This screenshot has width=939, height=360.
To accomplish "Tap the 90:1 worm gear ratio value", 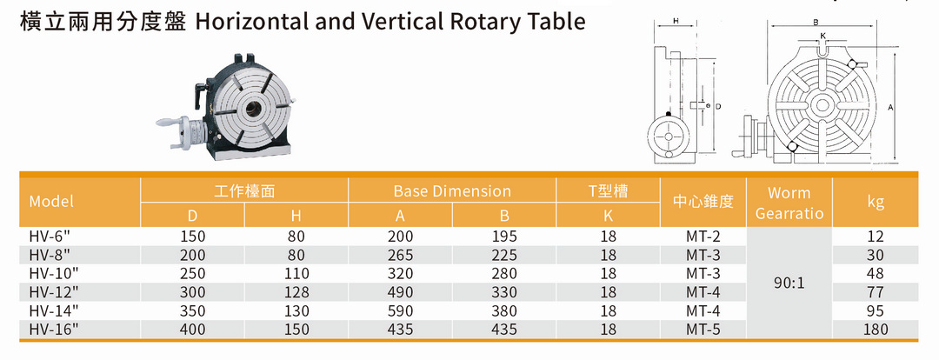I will [x=789, y=283].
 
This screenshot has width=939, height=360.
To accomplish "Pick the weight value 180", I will [x=876, y=330].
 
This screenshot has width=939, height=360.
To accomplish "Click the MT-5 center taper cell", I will [x=703, y=330].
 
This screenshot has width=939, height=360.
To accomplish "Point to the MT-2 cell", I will [x=703, y=236].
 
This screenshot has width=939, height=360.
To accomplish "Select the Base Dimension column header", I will [x=452, y=191].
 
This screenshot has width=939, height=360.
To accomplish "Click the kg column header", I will [x=876, y=202].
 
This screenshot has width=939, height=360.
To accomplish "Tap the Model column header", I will [x=51, y=202].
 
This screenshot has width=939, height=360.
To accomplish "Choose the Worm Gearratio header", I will [x=789, y=203].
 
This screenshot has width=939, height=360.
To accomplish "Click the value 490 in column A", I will [x=400, y=292].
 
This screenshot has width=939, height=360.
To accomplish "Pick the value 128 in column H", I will [x=296, y=292].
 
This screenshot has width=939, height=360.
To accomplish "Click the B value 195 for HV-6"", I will [x=504, y=236].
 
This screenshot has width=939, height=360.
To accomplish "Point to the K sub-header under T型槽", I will [x=609, y=215].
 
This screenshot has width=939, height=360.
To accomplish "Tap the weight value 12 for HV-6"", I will [x=876, y=236].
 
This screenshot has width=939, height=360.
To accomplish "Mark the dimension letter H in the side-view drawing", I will [x=675, y=20].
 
